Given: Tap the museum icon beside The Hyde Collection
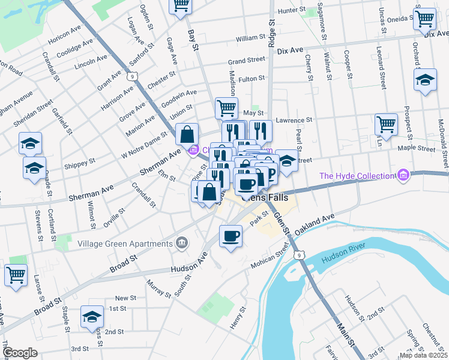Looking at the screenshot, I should [x=403, y=176].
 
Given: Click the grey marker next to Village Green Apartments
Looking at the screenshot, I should [x=181, y=243].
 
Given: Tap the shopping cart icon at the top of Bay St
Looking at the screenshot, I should [x=179, y=6].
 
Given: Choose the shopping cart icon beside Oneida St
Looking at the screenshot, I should [x=424, y=19].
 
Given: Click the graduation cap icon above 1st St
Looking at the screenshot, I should [x=92, y=316].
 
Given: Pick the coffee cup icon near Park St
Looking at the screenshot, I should [x=231, y=235].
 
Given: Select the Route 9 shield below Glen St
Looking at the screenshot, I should [x=299, y=256].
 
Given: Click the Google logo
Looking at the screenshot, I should [x=20, y=352].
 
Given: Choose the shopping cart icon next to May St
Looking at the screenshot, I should [x=226, y=109].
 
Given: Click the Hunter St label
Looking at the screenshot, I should [x=292, y=10].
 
